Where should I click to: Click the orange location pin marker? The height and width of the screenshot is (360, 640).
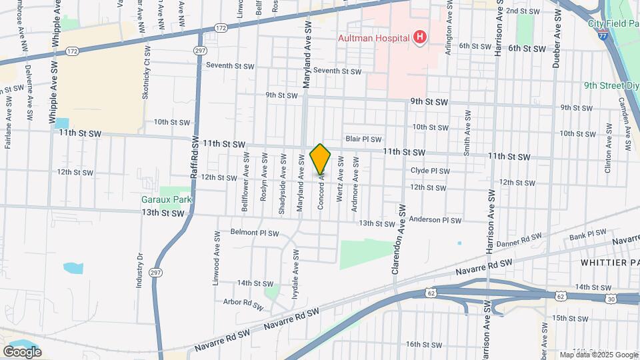coord(321,158)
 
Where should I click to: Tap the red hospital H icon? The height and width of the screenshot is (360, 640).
coord(419,38)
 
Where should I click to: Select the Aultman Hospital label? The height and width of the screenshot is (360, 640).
coord(373,38)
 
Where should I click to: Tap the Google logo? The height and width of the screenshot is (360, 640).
coord(22,351)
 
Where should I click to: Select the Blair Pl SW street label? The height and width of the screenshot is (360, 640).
coord(363,139)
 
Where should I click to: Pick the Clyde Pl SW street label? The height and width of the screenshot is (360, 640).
coord(430,171)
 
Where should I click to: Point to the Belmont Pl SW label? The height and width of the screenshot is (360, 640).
coord(254,233)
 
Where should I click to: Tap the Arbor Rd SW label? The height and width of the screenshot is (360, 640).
coord(243,302)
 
